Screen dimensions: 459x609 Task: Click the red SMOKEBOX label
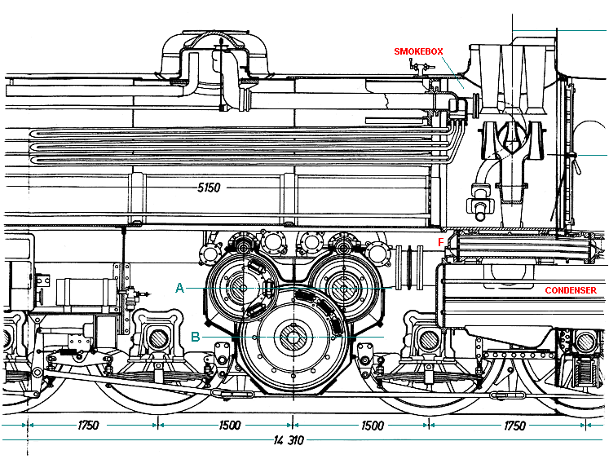coord(418,51)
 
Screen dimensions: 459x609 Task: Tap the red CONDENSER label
coord(570,290)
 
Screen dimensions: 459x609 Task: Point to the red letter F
coord(441,242)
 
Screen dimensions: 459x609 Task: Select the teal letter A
coord(179,287)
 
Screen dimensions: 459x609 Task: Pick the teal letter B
coord(195,335)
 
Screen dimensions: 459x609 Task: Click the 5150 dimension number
coord(210,188)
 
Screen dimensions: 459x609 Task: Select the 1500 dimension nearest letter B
coord(230,426)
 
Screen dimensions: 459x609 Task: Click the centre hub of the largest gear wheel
coord(292,335)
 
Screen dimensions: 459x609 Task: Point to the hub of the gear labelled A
coord(242,287)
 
